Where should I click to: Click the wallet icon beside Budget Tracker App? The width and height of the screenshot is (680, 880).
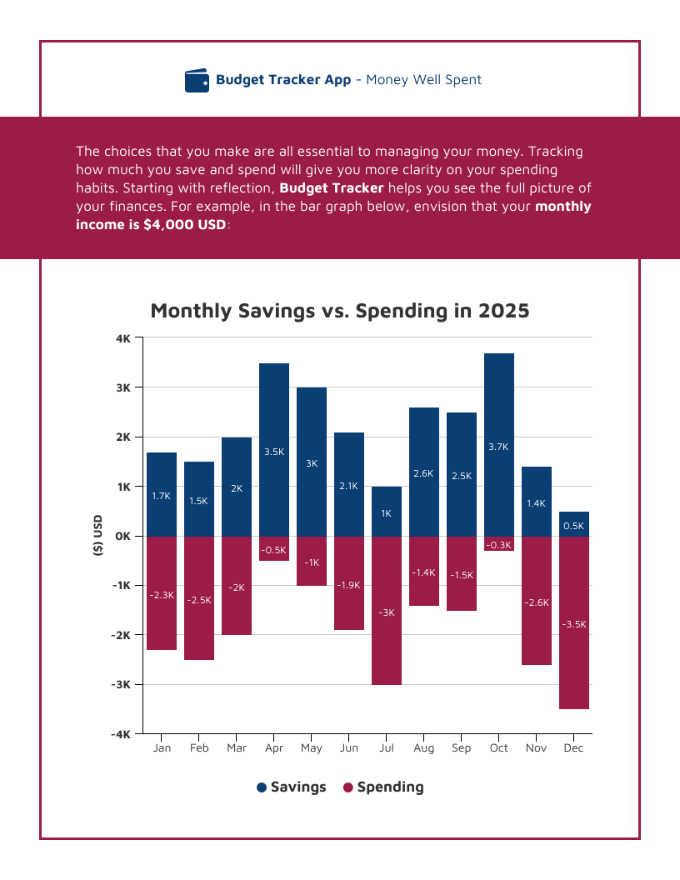click(197, 80)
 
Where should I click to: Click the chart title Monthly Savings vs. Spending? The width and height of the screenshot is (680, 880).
click(340, 311)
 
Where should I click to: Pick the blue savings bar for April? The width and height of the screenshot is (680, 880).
click(274, 449)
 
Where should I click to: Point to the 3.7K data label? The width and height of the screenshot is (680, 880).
click(498, 447)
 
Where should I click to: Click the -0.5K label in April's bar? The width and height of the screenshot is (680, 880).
click(274, 550)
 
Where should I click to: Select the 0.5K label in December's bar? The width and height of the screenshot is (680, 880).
click(573, 526)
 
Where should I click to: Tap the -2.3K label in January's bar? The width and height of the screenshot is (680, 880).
click(162, 595)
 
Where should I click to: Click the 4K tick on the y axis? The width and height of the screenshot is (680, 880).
click(123, 338)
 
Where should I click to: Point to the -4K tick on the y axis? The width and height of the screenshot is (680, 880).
click(122, 734)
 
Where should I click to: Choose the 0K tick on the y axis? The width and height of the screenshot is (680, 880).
click(122, 536)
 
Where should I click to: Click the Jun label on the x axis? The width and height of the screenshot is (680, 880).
click(349, 748)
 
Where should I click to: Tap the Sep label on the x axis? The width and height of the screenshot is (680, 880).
click(461, 748)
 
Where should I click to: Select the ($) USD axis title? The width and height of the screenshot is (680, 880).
click(97, 535)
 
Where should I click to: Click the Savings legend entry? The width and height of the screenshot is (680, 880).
click(291, 787)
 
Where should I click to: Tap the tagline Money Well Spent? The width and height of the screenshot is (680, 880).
click(423, 80)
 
